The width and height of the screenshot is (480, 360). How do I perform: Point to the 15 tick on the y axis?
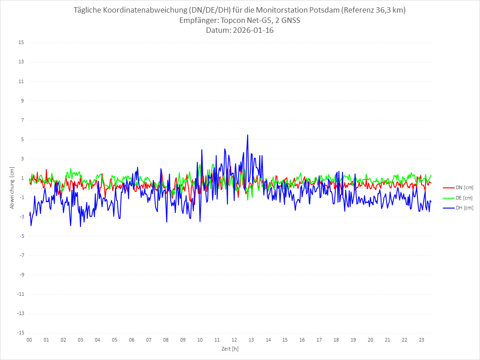pos(21,43)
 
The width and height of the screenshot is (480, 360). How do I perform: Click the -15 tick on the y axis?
pos(20,333)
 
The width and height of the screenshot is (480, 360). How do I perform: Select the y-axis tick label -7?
pos(21,256)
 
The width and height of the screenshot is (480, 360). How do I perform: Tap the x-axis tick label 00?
pos(29,340)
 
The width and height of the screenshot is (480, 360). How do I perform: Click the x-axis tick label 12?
pos(234,340)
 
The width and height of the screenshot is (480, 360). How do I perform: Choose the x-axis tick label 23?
pos(422,340)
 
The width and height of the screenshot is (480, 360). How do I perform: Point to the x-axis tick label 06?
pos(132,340)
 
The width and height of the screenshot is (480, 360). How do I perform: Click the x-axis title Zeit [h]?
pos(230,349)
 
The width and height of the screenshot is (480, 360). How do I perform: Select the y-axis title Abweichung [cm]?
pos(12,187)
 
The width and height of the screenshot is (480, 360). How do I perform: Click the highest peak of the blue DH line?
pos(247,135)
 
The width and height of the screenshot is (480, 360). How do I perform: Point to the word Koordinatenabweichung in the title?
pos(143,10)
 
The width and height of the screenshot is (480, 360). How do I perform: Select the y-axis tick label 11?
pos(21,81)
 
